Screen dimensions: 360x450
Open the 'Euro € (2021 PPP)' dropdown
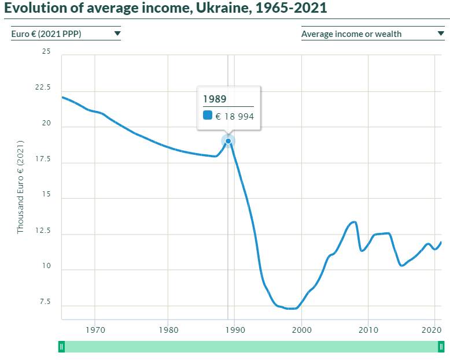(x=66, y=34)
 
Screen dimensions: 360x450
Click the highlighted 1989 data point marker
(x=228, y=141)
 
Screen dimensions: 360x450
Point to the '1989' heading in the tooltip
(x=215, y=98)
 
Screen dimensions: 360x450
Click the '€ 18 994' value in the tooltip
(x=234, y=116)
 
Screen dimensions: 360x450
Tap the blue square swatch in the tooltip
(x=208, y=116)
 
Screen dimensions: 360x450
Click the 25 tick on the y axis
(x=46, y=52)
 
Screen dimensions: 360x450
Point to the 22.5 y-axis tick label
(x=43, y=88)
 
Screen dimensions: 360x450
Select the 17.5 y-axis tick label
(x=43, y=159)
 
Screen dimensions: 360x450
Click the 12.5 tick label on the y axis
(x=43, y=231)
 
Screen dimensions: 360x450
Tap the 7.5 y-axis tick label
(x=45, y=302)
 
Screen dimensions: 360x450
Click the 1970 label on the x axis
(x=95, y=331)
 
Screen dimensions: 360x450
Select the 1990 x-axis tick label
(x=234, y=331)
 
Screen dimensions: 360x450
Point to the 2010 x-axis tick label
(x=368, y=331)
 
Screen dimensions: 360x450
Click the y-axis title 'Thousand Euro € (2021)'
(x=20, y=187)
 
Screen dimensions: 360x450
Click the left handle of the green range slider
(x=61, y=347)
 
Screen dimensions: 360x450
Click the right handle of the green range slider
(x=441, y=347)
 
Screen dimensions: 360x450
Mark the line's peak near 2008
(x=353, y=222)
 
